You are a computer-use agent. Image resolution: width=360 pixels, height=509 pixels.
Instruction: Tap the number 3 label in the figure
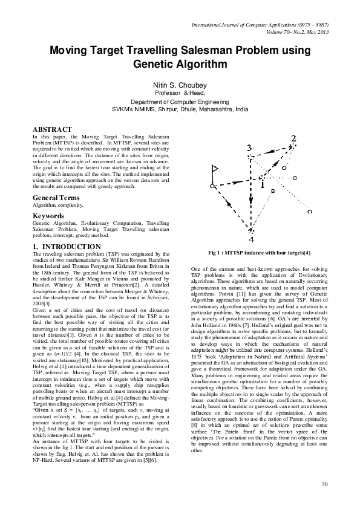(x=250, y=148)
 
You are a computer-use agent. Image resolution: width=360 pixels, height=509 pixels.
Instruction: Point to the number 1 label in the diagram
(x=263, y=186)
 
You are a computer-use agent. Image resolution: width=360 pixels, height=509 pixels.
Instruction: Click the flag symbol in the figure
(x=214, y=178)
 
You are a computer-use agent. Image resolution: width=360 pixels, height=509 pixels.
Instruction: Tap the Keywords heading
(x=48, y=215)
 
